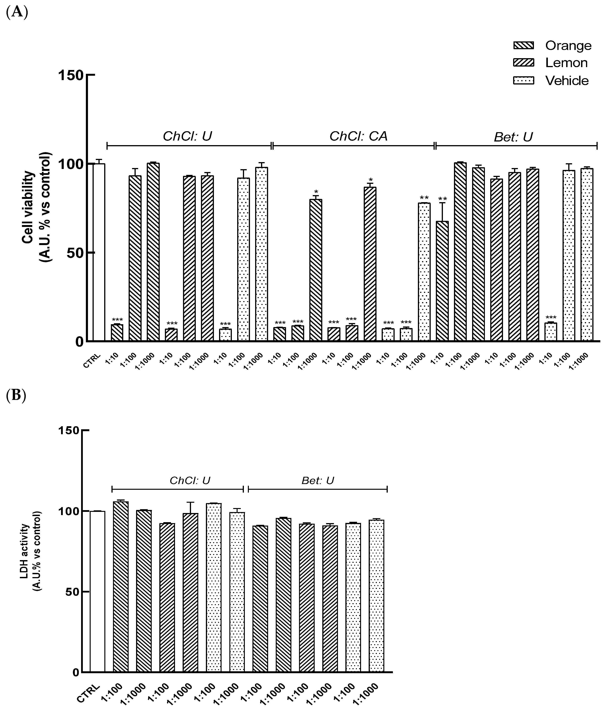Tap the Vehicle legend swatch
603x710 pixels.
(x=523, y=81)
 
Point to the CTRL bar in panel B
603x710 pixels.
(x=98, y=591)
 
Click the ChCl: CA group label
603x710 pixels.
(x=358, y=136)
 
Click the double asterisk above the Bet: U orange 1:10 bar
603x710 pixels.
(x=442, y=199)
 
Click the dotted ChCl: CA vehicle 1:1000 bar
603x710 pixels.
(x=424, y=272)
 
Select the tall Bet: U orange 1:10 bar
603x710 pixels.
(x=442, y=281)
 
